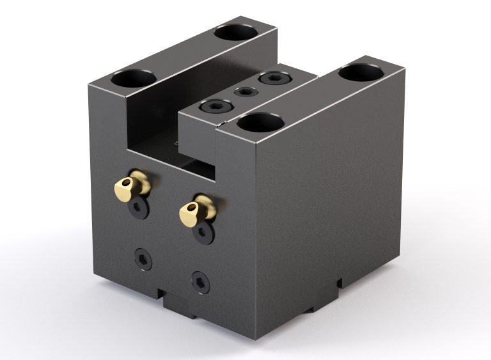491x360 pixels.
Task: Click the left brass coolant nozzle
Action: [133, 185]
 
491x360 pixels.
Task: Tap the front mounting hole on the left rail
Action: [134, 79]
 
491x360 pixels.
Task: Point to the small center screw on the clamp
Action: [244, 92]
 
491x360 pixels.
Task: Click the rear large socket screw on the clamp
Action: [273, 79]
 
